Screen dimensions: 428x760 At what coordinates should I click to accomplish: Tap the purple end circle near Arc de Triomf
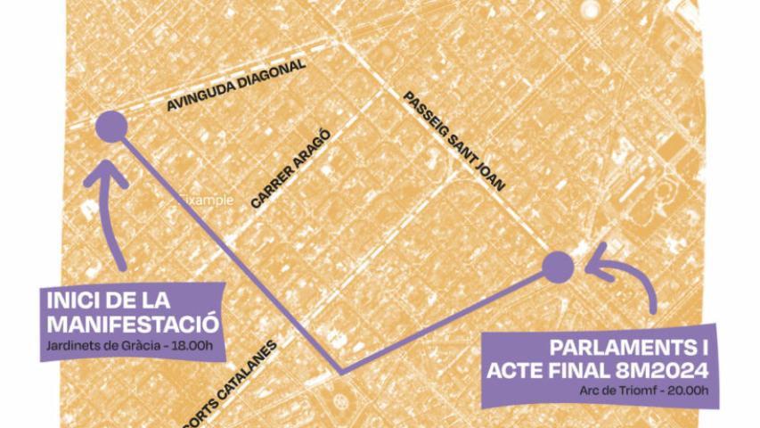(x=558, y=266)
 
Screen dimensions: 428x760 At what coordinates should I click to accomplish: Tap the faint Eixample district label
(x=207, y=200)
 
